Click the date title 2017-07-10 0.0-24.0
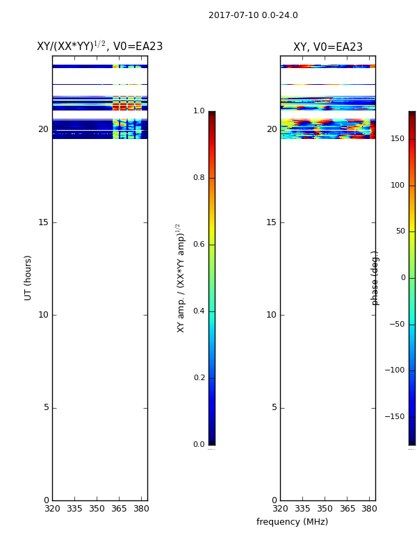pyautogui.click(x=253, y=15)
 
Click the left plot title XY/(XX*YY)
pyautogui.click(x=71, y=46)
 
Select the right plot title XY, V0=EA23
pyautogui.click(x=327, y=47)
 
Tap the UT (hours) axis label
pyautogui.click(x=28, y=278)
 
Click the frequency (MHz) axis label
pyautogui.click(x=292, y=522)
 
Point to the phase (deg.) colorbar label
pyautogui.click(x=375, y=278)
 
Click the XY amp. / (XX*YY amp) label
pyautogui.click(x=180, y=278)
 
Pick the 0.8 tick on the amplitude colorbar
pyautogui.click(x=199, y=177)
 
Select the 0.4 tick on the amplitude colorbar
pyautogui.click(x=199, y=311)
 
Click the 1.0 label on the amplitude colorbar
pyautogui.click(x=199, y=111)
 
